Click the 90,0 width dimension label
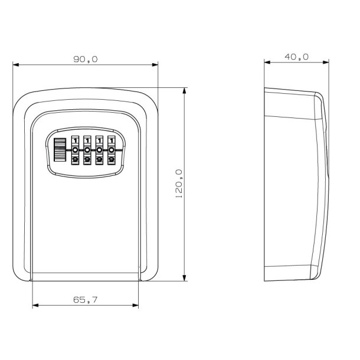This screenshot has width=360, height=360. (x=86, y=59)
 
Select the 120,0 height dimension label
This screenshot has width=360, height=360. (x=179, y=184)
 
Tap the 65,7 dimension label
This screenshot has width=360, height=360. (x=86, y=300)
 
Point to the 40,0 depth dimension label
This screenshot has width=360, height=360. (x=297, y=57)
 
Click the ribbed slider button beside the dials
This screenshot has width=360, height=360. (x=60, y=150)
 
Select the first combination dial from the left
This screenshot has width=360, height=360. (x=75, y=150)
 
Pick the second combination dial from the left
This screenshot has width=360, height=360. (x=87, y=150)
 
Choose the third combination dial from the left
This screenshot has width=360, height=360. (x=99, y=150)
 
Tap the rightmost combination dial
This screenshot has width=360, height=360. (x=111, y=150)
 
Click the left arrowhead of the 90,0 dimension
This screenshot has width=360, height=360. (x=15, y=65)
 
